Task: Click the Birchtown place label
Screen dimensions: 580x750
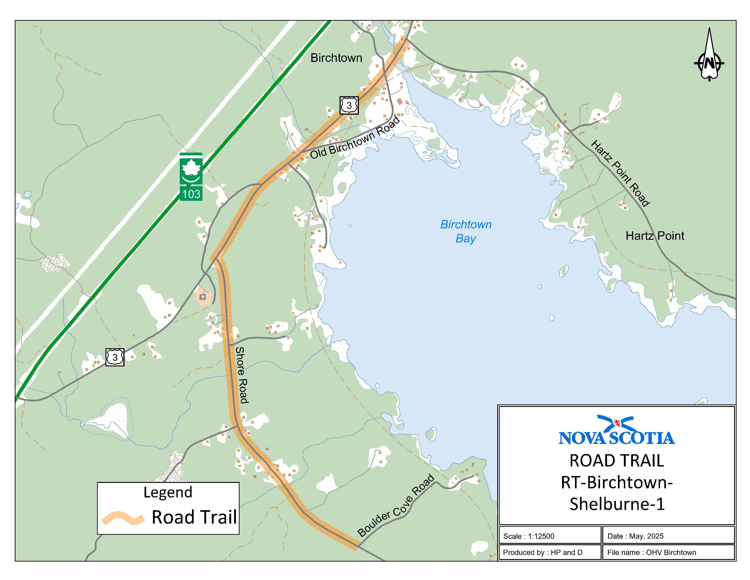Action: point(336,58)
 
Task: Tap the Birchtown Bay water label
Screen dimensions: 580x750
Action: point(466,231)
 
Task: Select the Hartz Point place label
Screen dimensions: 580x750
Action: point(655,236)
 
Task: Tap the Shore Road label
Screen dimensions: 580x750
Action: point(241,375)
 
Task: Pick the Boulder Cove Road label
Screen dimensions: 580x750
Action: point(396,505)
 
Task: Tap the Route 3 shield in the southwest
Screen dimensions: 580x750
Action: point(115,357)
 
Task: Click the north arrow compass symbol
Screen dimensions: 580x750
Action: point(709,58)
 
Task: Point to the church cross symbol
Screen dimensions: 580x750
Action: point(202,297)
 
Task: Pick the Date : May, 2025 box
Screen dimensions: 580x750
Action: point(668,536)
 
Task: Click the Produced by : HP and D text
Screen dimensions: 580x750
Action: point(542,552)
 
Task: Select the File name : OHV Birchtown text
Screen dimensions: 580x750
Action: point(651,552)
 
